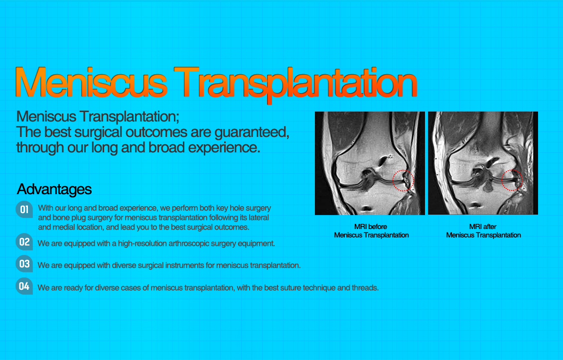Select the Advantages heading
pyautogui.click(x=54, y=189)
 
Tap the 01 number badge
pyautogui.click(x=24, y=210)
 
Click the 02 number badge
pyautogui.click(x=24, y=242)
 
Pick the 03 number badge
pyautogui.click(x=24, y=264)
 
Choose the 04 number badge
pyautogui.click(x=24, y=286)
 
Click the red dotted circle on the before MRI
pyautogui.click(x=403, y=180)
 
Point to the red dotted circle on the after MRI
pyautogui.click(x=512, y=180)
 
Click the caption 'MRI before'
pyautogui.click(x=371, y=227)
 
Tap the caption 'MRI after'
pyautogui.click(x=483, y=227)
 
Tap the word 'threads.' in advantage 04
pyautogui.click(x=365, y=288)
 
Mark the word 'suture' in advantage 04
pyautogui.click(x=286, y=288)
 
